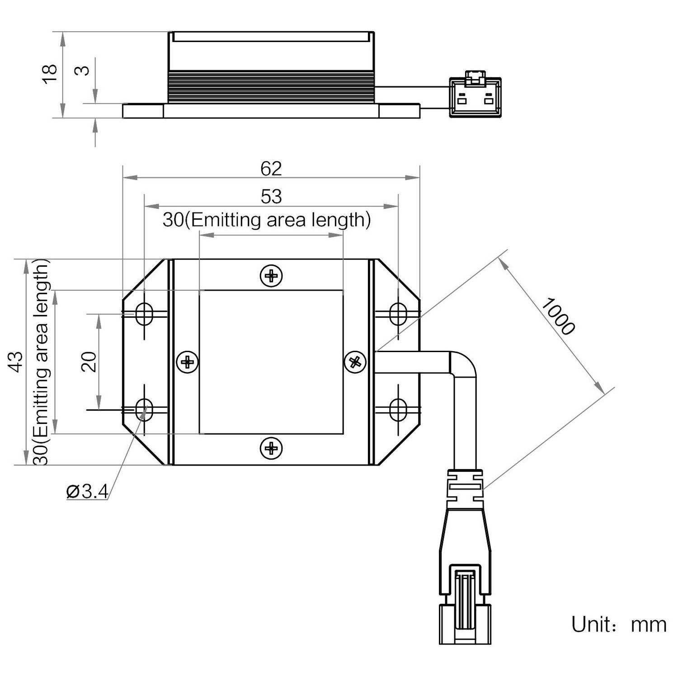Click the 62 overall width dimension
(x=271, y=169)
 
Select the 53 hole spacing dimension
(x=271, y=197)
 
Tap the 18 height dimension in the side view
(x=50, y=73)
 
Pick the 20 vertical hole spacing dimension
(x=89, y=362)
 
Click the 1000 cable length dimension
(x=558, y=316)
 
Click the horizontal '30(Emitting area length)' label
(x=267, y=220)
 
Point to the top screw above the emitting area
(x=271, y=275)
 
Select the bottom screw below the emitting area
(x=271, y=448)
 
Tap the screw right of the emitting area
(x=355, y=362)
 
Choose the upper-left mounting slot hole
(x=145, y=313)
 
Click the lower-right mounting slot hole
(x=398, y=410)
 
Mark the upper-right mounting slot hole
(x=398, y=313)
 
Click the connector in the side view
(x=475, y=97)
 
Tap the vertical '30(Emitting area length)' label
(x=42, y=362)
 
